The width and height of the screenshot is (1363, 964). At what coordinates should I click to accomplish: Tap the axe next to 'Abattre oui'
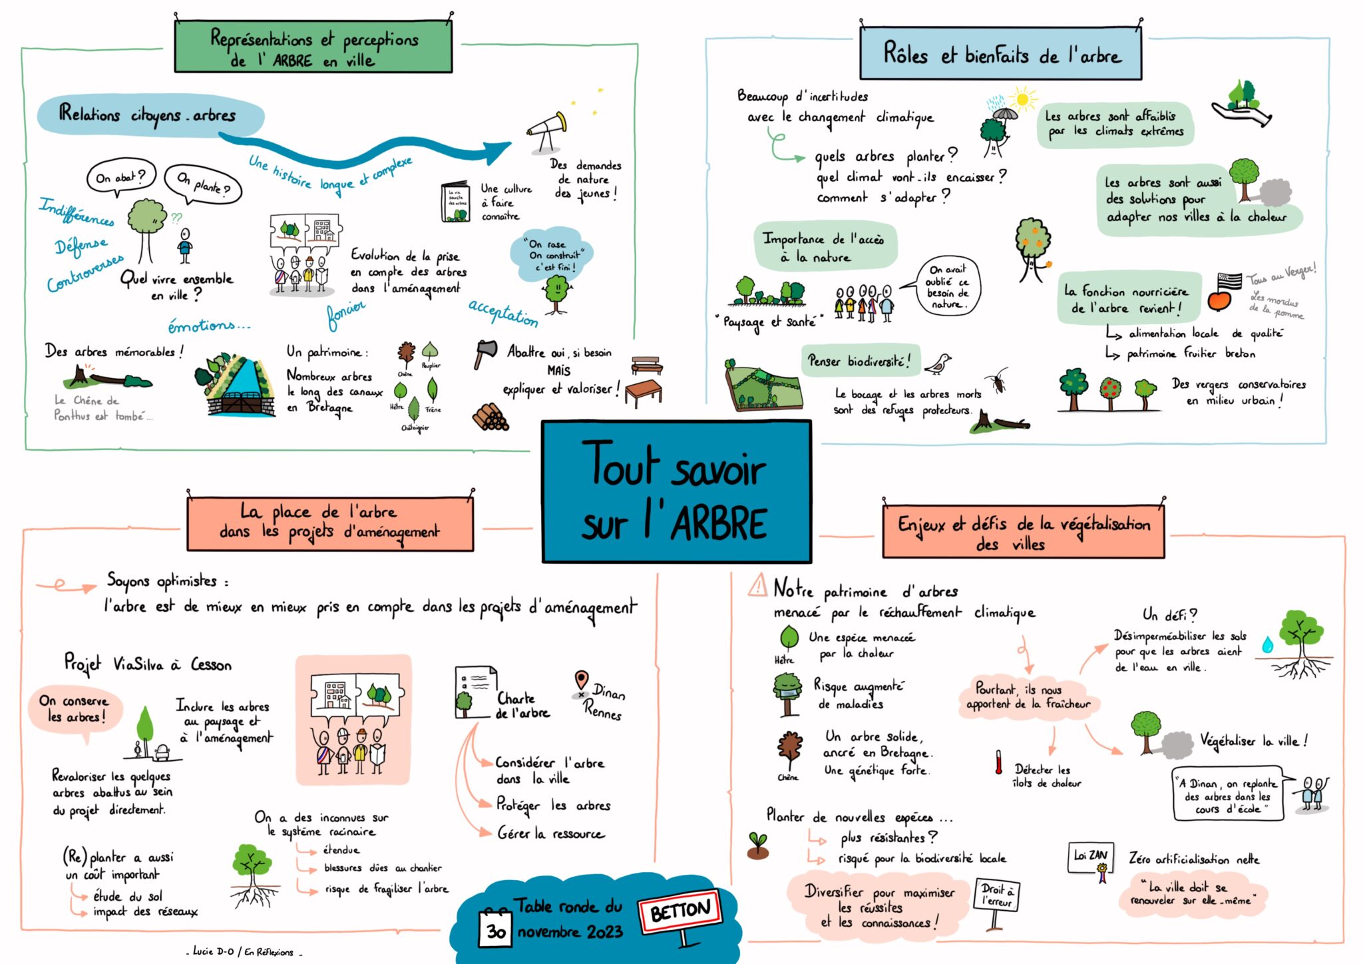coord(485,353)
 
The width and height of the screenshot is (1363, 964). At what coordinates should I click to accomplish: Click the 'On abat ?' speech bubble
coord(120,177)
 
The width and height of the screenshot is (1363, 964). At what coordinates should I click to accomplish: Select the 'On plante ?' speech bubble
coord(203,184)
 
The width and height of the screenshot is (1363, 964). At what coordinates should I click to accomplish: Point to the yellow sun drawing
coord(1023,100)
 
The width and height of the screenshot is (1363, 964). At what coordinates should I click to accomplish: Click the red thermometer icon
coord(998,762)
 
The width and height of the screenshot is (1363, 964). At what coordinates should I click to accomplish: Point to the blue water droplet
coord(1267,644)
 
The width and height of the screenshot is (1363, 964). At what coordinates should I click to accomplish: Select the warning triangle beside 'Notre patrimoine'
coord(758,586)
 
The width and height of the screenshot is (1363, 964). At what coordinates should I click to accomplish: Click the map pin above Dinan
coord(581,680)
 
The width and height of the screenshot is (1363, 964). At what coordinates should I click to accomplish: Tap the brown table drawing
coord(643,392)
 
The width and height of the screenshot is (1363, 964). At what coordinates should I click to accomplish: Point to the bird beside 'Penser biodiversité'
coord(939,363)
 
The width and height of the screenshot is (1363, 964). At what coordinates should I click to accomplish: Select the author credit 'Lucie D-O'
coord(214,951)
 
